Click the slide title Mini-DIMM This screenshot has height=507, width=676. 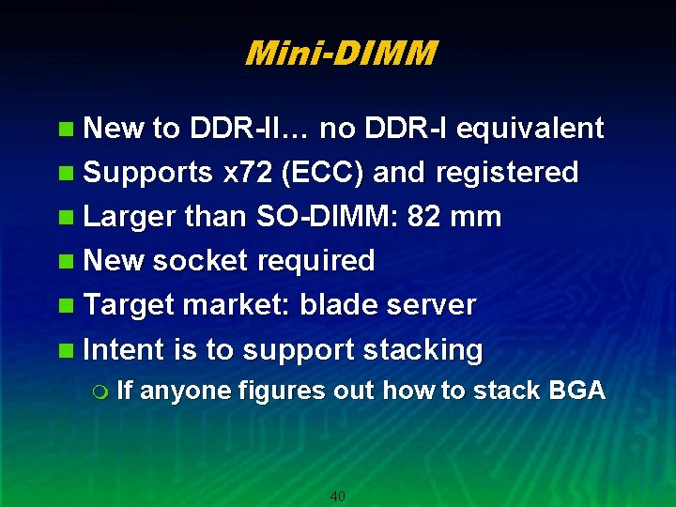[340, 54]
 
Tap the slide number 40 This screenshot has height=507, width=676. [338, 496]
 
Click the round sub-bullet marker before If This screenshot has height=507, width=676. [102, 392]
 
